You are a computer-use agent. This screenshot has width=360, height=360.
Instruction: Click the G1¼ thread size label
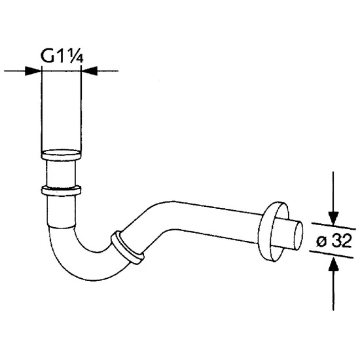(62, 56)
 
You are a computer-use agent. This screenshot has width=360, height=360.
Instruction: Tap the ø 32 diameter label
(334, 241)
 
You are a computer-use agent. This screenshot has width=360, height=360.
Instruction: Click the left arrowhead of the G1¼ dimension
(33, 71)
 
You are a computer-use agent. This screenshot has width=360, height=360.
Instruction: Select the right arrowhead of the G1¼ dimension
(90, 71)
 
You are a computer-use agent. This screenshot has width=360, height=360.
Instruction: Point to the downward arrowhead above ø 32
(333, 219)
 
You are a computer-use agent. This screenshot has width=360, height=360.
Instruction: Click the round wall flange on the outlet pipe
(272, 231)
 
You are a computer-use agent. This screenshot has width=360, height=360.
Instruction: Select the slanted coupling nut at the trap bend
(128, 248)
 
